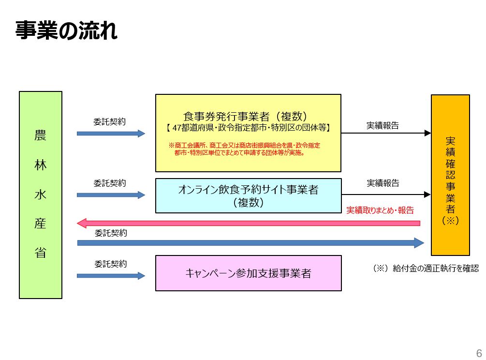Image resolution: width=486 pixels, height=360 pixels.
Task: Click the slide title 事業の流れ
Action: click(66, 31)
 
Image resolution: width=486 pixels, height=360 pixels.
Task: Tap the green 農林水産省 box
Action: click(41, 195)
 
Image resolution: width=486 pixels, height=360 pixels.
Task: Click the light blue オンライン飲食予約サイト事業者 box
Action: click(248, 195)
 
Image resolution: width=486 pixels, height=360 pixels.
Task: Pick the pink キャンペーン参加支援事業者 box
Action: click(248, 273)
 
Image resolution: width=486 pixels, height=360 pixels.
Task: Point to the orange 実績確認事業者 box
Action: click(450, 175)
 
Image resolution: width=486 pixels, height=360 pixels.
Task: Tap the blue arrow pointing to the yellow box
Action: click(111, 133)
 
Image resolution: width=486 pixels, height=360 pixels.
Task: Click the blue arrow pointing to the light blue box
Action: click(111, 195)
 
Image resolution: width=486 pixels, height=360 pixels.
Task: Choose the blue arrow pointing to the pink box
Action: click(111, 276)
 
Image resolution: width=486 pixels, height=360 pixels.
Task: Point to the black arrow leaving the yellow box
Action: click(385, 133)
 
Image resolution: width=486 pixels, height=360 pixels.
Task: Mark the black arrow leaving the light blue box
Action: click(385, 195)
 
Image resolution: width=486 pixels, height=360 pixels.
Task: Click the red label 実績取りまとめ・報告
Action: click(380, 210)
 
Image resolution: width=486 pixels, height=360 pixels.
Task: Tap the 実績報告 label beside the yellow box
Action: click(383, 125)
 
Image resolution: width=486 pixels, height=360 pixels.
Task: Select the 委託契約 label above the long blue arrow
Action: click(111, 233)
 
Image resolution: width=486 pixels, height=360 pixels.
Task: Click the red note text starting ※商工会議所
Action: click(244, 149)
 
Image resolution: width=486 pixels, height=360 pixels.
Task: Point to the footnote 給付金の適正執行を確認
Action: click(426, 268)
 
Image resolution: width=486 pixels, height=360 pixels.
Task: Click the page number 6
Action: click(479, 352)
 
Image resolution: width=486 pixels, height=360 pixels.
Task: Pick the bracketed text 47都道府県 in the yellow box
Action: click(248, 128)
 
